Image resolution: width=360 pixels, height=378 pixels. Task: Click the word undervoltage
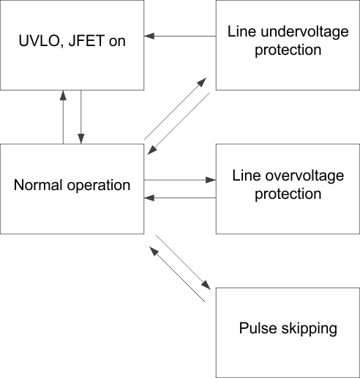point(293,33)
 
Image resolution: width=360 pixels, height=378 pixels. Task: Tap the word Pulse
point(257,328)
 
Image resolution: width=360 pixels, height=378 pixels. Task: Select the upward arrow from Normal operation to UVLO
point(64,117)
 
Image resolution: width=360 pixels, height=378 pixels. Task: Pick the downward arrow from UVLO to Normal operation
point(81,117)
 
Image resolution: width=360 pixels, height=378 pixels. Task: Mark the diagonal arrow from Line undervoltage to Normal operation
point(180,124)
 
